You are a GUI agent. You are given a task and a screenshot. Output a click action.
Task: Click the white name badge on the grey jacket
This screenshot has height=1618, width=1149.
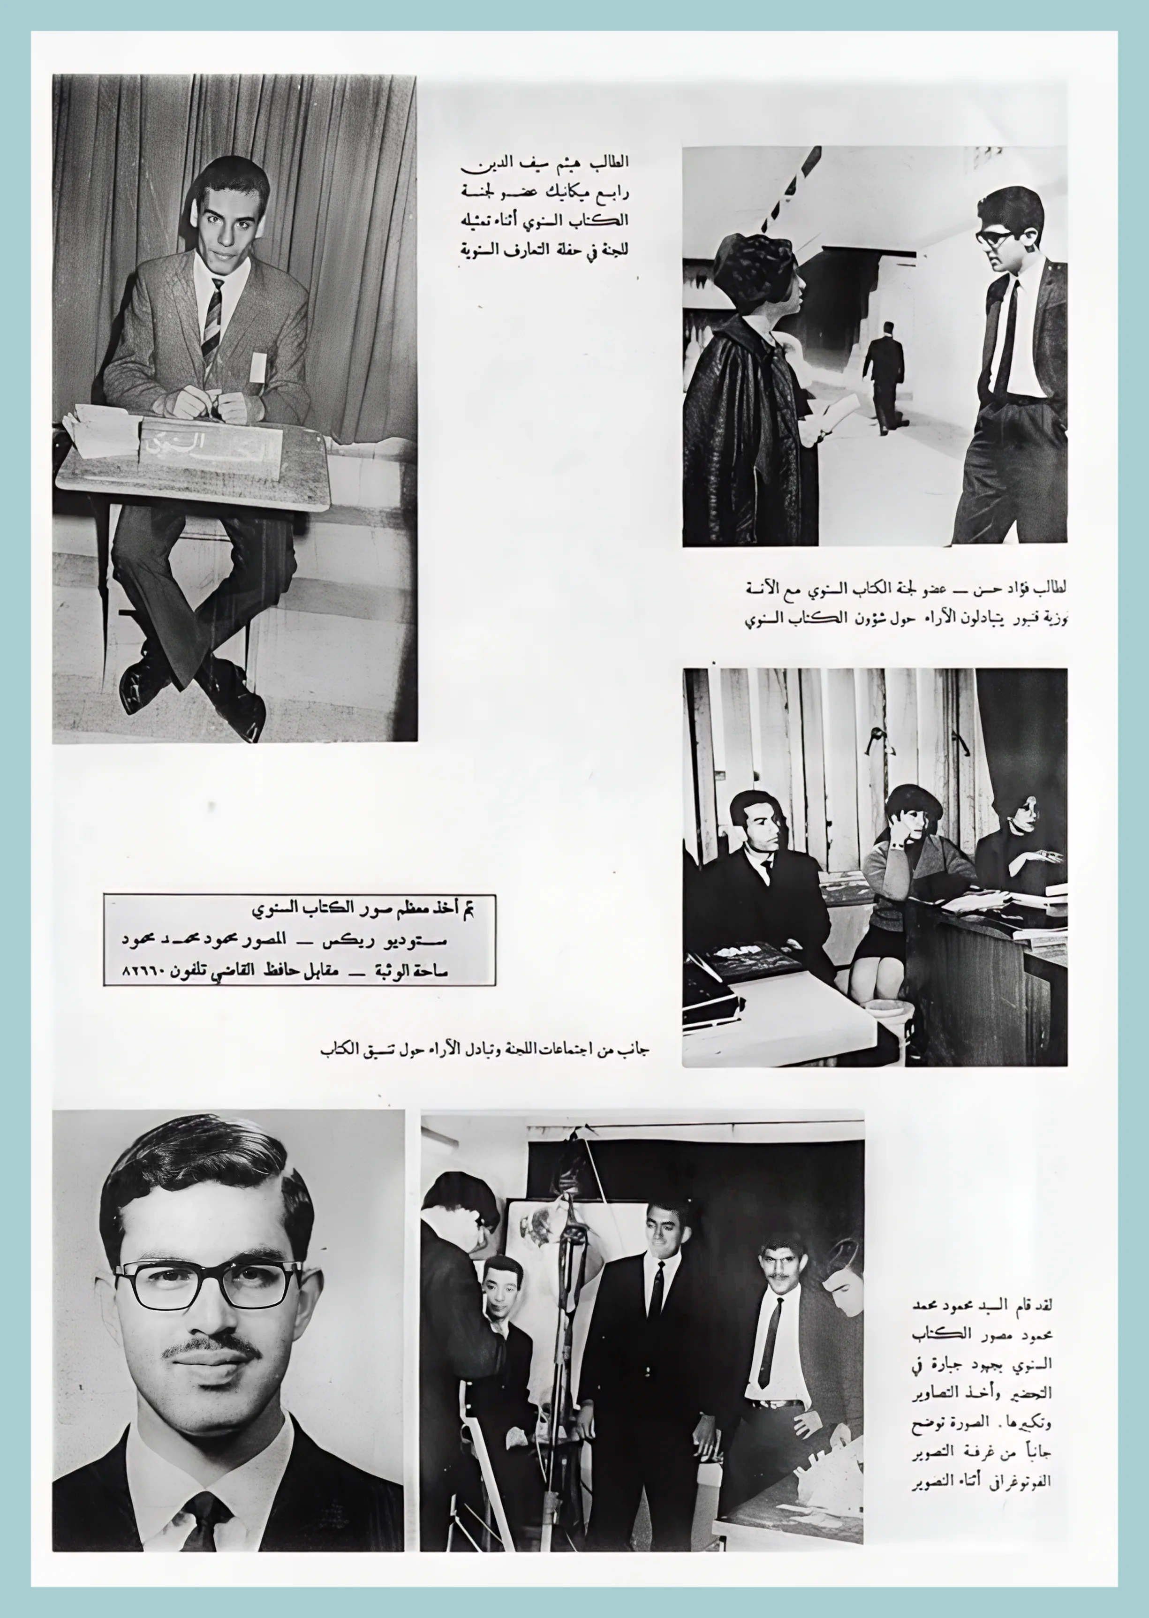click(x=258, y=365)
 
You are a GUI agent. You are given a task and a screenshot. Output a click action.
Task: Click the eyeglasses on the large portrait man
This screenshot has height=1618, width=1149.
click(x=207, y=1283)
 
